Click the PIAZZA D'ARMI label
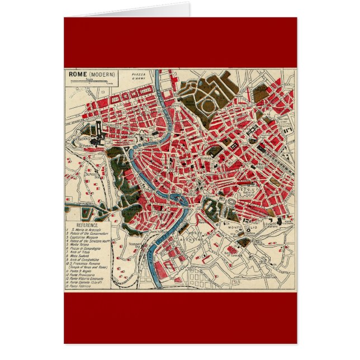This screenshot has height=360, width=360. (139, 78)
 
